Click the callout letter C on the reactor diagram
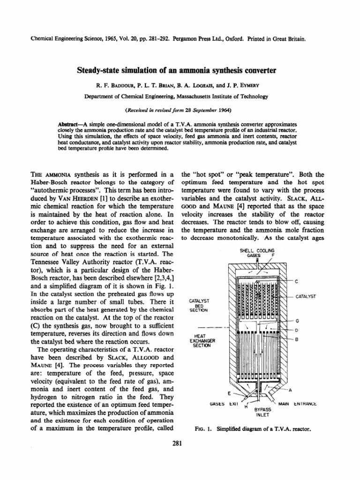296,281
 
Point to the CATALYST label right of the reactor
306,297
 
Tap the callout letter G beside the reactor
297,320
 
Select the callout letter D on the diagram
297,330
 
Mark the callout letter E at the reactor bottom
229,393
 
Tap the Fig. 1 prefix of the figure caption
200,429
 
